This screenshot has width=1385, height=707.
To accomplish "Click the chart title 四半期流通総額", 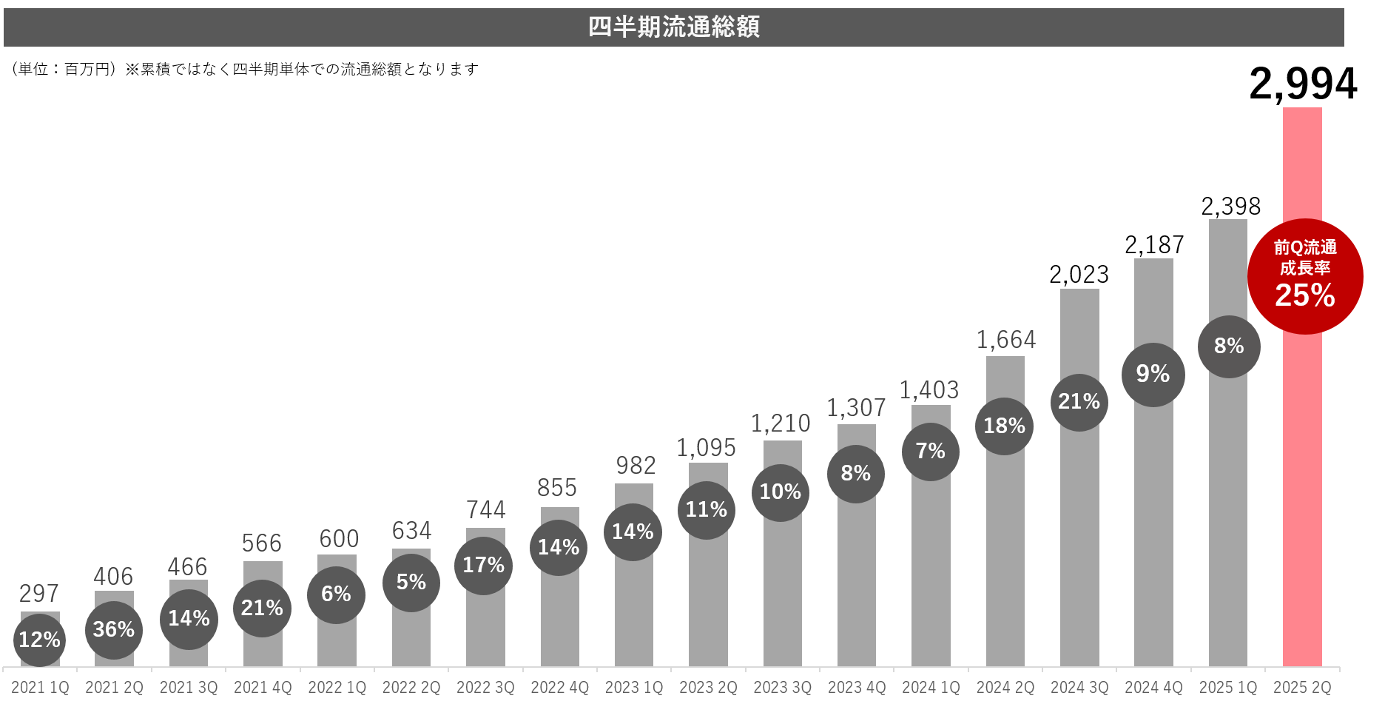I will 673,27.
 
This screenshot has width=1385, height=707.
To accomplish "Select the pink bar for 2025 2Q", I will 1302,481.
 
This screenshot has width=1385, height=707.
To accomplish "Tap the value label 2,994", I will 1303,84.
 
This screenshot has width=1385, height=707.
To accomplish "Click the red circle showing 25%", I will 1305,277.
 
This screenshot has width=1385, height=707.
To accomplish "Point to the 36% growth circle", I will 114,630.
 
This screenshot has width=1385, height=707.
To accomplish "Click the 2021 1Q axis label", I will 40,688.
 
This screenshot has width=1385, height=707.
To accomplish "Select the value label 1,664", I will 1005,340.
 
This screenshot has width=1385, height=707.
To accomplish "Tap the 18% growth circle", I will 1004,426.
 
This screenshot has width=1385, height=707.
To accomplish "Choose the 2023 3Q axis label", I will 782,688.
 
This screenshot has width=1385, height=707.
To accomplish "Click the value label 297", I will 39,594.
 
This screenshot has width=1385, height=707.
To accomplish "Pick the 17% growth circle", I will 483,566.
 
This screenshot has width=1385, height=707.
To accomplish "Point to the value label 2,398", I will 1230,207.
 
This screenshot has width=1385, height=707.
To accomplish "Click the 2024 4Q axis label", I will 1153,688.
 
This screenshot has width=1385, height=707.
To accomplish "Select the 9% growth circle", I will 1153,375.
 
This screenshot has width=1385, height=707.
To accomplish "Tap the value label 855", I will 557,488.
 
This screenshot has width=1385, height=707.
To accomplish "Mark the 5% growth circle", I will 411,583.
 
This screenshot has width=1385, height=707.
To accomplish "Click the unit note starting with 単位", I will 244,70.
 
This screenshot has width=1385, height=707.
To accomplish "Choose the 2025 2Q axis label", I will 1302,688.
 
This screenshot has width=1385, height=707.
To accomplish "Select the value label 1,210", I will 781,423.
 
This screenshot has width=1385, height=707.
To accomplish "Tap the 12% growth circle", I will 39,640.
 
